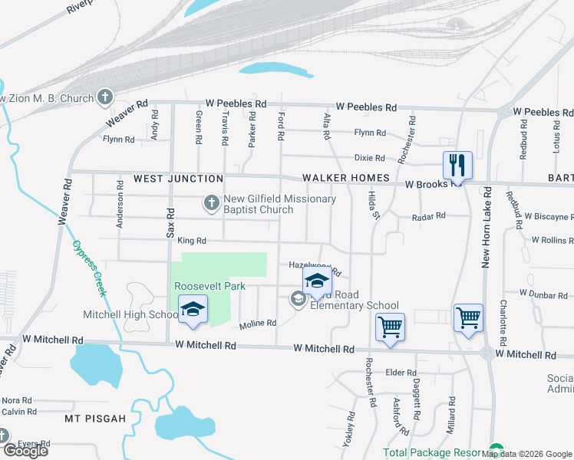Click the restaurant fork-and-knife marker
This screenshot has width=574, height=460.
pos(457,165)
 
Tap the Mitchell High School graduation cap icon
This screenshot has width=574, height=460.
pos(193,310)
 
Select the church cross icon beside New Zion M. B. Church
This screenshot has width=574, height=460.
pos(105,97)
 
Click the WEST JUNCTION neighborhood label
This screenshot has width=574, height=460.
pos(178,179)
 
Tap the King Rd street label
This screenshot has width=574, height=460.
pos(192,241)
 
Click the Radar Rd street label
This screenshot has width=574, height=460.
pos(429,216)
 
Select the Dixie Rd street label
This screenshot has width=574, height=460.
pos(369,158)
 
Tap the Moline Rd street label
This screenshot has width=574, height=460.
pos(257,324)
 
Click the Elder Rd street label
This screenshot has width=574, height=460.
pos(401,373)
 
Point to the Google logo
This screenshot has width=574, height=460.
pos(25,451)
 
